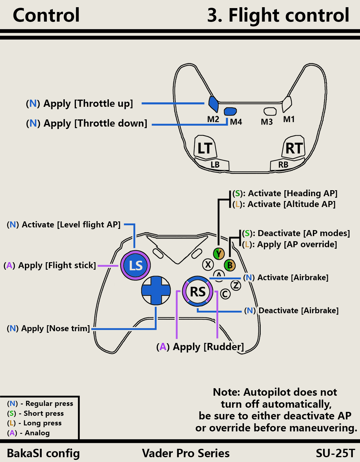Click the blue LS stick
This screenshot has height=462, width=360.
(x=135, y=265)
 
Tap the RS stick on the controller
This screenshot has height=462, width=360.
(x=198, y=292)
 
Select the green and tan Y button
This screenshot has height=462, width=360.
(x=219, y=254)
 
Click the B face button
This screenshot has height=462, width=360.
(x=229, y=265)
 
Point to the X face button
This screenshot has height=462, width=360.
(x=208, y=265)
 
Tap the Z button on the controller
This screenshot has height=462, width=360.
(x=236, y=285)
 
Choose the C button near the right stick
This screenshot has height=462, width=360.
(x=225, y=294)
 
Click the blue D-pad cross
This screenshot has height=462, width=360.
(x=156, y=290)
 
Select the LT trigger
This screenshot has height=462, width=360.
(x=205, y=148)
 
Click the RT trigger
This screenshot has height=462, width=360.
(x=294, y=148)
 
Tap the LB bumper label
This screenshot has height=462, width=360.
(x=215, y=165)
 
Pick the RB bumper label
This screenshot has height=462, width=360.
(x=283, y=165)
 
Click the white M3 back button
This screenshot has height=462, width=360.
(x=270, y=111)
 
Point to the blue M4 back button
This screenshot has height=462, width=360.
(x=230, y=112)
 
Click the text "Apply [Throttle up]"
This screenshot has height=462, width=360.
(x=88, y=103)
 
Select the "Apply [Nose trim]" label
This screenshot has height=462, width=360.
(x=55, y=328)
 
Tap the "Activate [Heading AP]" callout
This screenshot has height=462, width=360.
(x=292, y=193)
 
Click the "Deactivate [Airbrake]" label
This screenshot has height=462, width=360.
(x=298, y=310)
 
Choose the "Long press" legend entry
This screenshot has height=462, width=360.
(x=42, y=423)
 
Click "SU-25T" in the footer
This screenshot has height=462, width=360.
(x=335, y=453)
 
